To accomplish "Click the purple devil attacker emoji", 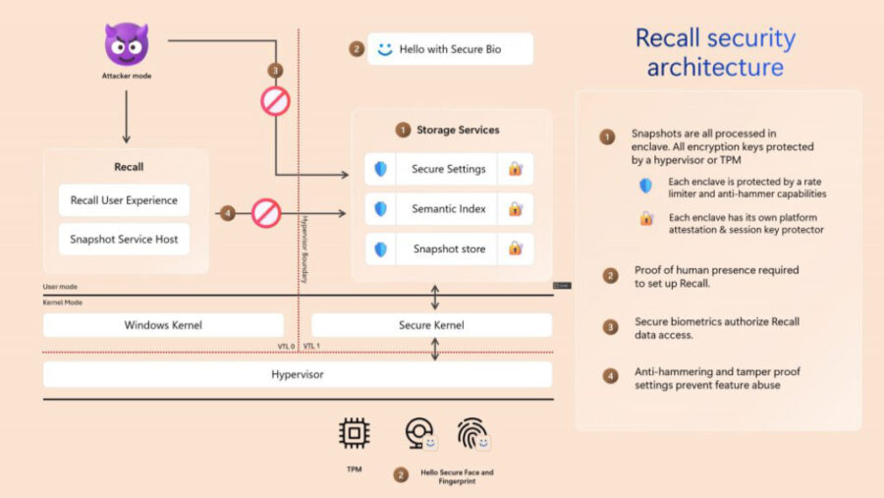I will [x=126, y=44].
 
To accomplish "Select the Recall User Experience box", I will [x=124, y=200].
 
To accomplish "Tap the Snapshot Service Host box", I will [x=124, y=239].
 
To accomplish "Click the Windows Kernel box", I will [x=163, y=325].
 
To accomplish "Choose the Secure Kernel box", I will [x=431, y=325].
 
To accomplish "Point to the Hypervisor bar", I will [x=297, y=374].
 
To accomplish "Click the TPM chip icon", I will [x=354, y=433].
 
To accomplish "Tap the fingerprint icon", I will [x=472, y=433].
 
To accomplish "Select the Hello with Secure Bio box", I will [x=450, y=48].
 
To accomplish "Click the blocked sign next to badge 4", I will [x=266, y=212].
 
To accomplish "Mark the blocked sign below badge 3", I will [x=275, y=100].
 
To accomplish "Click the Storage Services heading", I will [x=457, y=130].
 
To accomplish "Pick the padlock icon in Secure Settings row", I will [x=515, y=169].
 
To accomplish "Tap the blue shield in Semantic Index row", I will [x=380, y=209].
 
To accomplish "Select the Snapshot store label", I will [x=448, y=249].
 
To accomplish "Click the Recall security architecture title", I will [x=715, y=53].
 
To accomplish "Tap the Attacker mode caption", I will [x=127, y=76].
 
